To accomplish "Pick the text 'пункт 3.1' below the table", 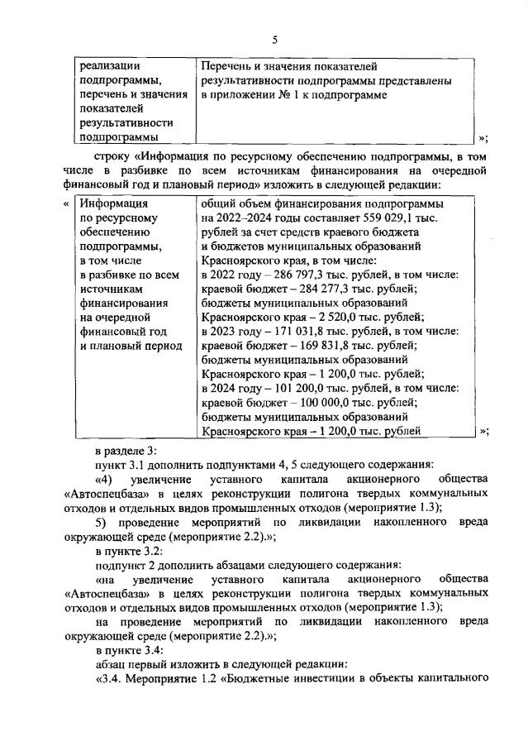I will pos(121,466).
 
